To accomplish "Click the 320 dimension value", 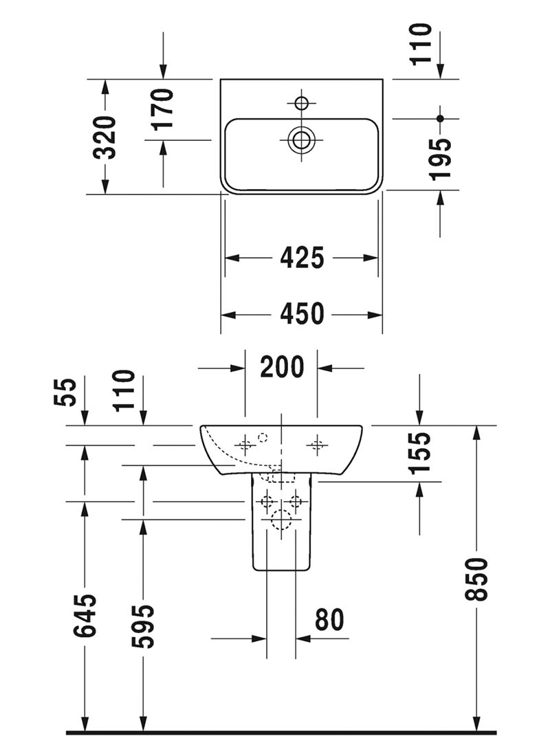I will coord(105,137).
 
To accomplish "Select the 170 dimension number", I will coord(163,109).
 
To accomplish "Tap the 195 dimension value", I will coord(441,158).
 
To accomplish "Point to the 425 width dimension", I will coord(302,258).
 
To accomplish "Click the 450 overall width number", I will coord(302,315).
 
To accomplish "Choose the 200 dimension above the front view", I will coord(281,368).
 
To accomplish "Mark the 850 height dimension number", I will coord(476,579).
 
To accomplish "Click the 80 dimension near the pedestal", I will coord(329,620).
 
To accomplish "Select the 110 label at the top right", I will coord(421,43).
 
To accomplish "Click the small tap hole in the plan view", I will coord(300,104).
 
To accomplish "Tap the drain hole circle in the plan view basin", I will coord(301,140).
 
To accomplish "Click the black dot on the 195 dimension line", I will coord(441,118).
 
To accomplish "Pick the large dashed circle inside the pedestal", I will coord(282,520).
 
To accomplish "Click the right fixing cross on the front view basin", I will coord(316,445).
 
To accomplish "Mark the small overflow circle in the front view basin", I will coord(262,436).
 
